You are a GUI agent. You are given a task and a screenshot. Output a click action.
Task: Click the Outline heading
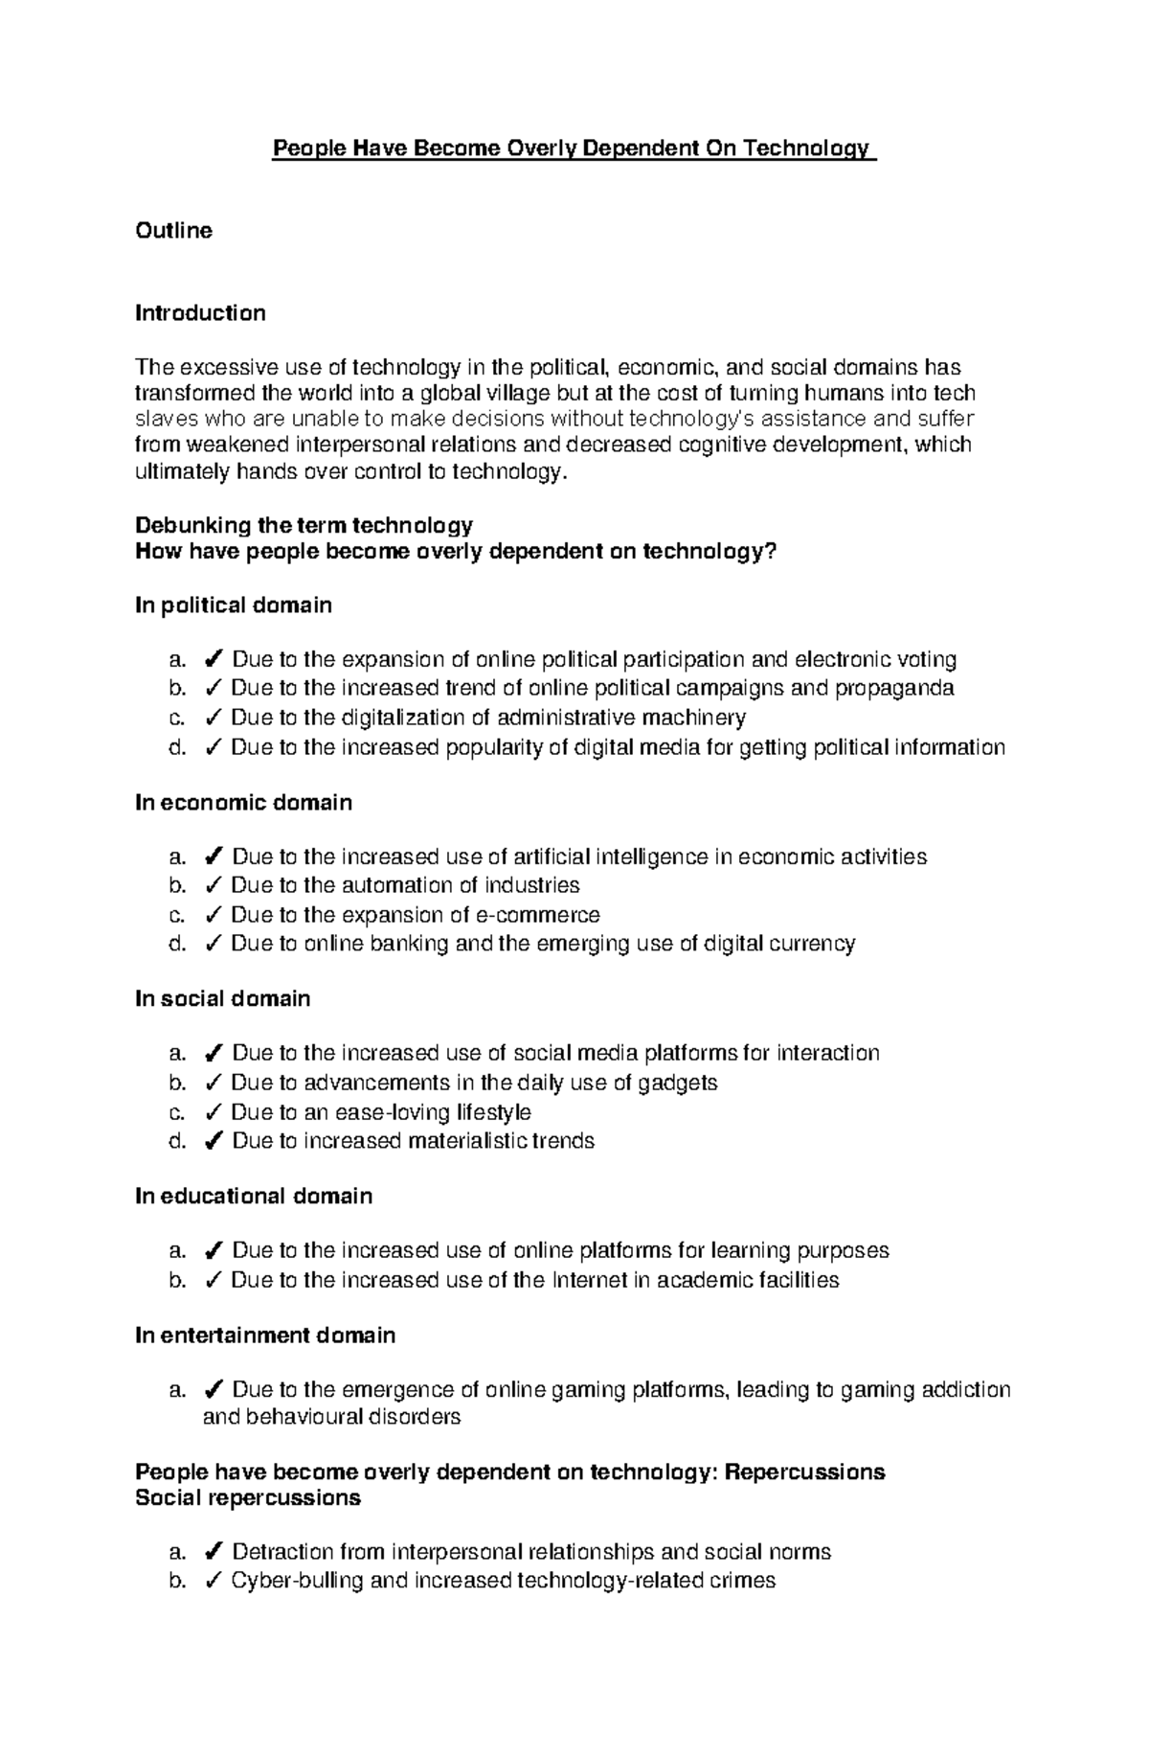click(x=173, y=231)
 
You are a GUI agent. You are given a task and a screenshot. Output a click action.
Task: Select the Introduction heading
click(x=200, y=313)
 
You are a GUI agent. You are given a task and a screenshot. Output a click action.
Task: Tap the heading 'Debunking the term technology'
click(x=304, y=525)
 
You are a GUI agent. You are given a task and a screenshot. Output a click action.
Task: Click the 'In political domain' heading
click(x=234, y=605)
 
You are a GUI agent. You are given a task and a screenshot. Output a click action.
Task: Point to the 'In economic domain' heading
click(x=243, y=803)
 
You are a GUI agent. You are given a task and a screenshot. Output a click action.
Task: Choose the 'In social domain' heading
click(x=222, y=999)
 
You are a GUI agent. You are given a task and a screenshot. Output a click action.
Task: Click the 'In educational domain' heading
click(x=254, y=1197)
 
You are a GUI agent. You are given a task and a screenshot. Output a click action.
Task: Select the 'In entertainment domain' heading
click(x=265, y=1336)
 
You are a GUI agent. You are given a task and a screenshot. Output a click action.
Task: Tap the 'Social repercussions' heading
click(x=248, y=1498)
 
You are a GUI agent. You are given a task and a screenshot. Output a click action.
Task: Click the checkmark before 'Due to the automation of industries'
click(x=214, y=885)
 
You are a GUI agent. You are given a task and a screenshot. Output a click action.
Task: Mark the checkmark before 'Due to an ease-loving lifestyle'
click(x=214, y=1112)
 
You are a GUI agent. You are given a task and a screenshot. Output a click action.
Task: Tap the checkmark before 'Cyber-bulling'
click(x=214, y=1581)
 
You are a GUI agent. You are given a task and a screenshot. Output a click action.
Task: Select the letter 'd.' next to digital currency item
click(x=176, y=944)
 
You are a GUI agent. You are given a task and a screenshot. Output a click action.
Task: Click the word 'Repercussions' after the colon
click(x=804, y=1472)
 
